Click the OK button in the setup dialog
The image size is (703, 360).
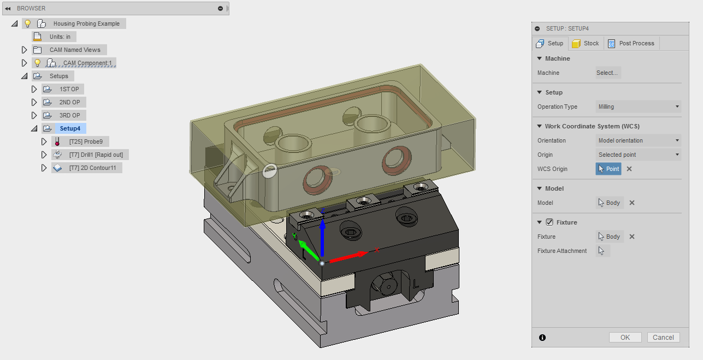(625, 338)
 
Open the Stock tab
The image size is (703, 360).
(586, 44)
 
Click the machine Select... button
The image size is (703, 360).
(607, 73)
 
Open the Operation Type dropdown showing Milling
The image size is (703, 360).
(639, 107)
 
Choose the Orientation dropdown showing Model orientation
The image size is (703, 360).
(639, 140)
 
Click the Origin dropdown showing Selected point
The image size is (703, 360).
(639, 155)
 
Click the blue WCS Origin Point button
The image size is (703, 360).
(609, 169)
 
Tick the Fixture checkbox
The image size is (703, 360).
(550, 222)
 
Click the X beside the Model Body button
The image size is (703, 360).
(632, 203)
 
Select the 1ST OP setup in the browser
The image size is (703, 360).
(69, 89)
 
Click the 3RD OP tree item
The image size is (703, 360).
(69, 115)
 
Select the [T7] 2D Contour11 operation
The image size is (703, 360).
(92, 168)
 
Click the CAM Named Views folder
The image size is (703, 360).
(75, 50)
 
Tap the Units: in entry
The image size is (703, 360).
(60, 37)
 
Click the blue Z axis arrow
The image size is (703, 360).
(322, 229)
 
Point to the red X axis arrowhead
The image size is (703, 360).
(362, 254)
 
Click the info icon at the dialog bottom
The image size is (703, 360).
(542, 338)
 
